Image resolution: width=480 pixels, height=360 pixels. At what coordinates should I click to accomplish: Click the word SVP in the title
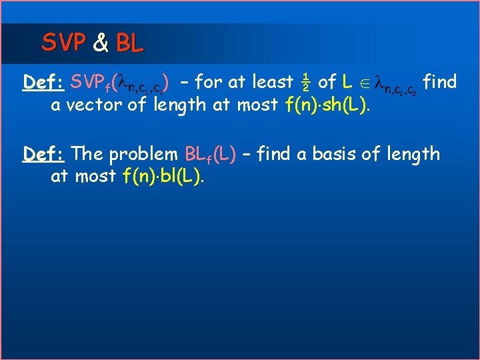coord(64,43)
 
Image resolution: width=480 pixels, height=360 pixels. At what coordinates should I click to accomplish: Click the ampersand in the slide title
coord(101,43)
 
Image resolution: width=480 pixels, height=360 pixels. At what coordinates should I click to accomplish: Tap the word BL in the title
coord(129,43)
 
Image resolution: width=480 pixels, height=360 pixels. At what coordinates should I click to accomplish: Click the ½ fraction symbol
coord(305,83)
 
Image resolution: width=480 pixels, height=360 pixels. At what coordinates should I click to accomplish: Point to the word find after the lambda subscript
coord(440,82)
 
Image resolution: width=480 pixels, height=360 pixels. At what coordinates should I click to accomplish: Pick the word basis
coord(344,154)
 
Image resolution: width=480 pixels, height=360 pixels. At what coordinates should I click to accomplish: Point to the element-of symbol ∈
coord(364,83)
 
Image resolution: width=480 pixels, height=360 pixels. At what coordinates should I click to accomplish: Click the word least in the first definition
coord(270,83)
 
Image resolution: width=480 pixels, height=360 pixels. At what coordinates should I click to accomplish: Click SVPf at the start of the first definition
coord(91,83)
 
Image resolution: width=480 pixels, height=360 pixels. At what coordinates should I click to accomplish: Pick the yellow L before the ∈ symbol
coord(347,83)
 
